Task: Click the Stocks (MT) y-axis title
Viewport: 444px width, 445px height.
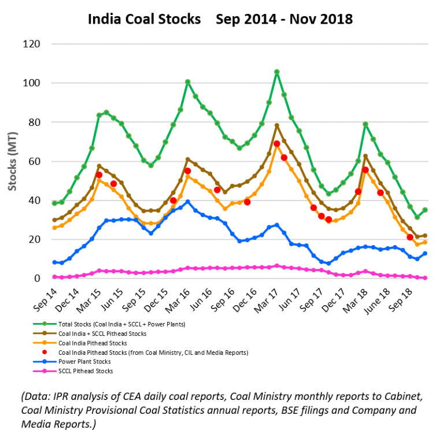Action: pyautogui.click(x=12, y=161)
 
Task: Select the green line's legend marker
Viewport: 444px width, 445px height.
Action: pyautogui.click(x=45, y=324)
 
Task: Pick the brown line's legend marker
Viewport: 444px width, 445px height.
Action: pyautogui.click(x=45, y=333)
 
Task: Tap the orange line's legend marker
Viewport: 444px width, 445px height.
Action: pyautogui.click(x=45, y=342)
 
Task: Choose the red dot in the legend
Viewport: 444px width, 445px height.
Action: pyautogui.click(x=45, y=352)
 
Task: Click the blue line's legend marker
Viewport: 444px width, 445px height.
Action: pyautogui.click(x=45, y=361)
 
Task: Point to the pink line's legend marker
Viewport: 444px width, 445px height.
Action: pyautogui.click(x=45, y=370)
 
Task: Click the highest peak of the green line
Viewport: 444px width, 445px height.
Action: pyautogui.click(x=277, y=72)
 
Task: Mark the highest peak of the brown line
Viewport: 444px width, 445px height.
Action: pyautogui.click(x=277, y=125)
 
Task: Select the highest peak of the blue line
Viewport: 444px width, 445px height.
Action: pyautogui.click(x=187, y=202)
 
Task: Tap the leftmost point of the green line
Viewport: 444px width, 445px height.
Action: pyautogui.click(x=54, y=203)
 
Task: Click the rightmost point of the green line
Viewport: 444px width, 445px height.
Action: pyautogui.click(x=425, y=210)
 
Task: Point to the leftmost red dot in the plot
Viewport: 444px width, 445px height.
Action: pyautogui.click(x=99, y=175)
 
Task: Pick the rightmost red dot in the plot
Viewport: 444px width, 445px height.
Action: pyautogui.click(x=410, y=237)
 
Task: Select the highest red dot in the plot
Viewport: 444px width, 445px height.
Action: pyautogui.click(x=277, y=143)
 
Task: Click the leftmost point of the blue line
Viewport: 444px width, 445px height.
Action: pyautogui.click(x=54, y=262)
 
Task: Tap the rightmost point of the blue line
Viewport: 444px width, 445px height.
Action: pyautogui.click(x=425, y=253)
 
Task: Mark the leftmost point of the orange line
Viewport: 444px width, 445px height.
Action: pyautogui.click(x=54, y=228)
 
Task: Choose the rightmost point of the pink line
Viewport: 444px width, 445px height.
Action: pyautogui.click(x=425, y=278)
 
